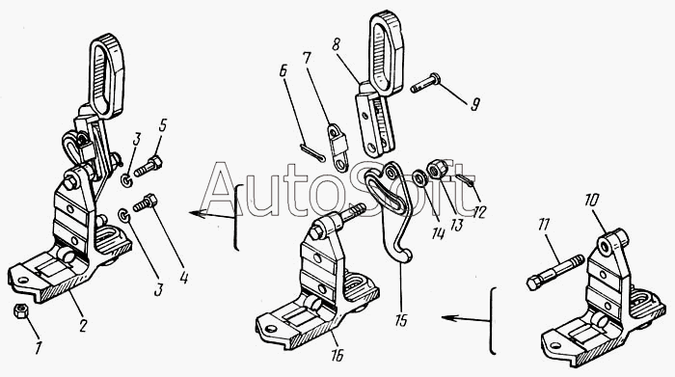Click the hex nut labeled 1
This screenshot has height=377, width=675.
20,310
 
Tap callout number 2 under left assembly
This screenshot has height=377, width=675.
82,325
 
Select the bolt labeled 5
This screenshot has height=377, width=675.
148,167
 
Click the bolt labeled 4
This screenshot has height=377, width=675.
146,202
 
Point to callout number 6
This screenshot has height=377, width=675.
283,71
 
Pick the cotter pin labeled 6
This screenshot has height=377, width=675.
312,153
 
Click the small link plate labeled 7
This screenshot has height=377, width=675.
337,147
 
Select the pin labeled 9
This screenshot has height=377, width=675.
424,83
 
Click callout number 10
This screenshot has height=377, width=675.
591,201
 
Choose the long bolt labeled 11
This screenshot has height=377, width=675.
555,273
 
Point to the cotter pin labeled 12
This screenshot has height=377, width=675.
464,180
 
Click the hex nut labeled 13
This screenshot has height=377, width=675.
436,169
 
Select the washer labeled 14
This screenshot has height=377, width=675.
418,178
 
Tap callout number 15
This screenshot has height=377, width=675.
401,321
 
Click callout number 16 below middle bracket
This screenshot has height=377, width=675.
337,356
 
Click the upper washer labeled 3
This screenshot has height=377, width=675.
126,180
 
